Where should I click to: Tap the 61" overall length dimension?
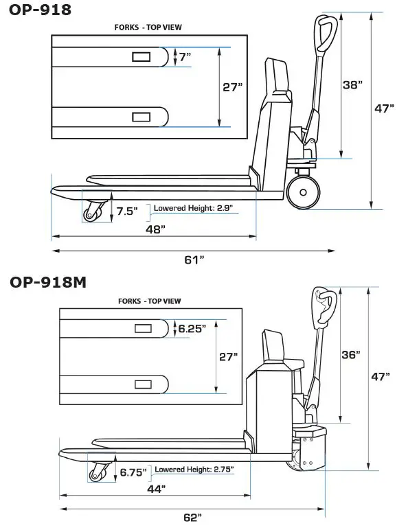[195, 260]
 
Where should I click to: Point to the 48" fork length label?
[155, 229]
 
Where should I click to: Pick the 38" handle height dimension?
[352, 85]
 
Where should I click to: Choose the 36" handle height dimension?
[350, 355]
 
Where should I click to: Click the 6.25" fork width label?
[192, 329]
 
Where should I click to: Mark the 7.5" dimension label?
[126, 210]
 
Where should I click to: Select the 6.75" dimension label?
[134, 472]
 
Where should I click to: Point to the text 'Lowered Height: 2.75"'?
[194, 470]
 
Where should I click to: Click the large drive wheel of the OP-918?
[302, 192]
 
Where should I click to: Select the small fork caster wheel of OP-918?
[91, 215]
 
